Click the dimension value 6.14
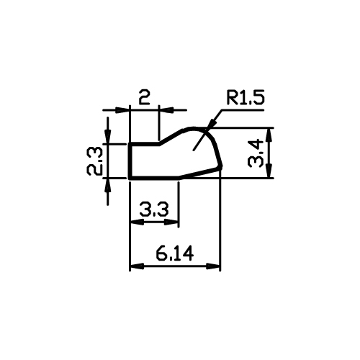[x=174, y=254]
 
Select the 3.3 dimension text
[x=154, y=210]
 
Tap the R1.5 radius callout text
[x=246, y=97]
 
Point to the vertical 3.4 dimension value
[x=256, y=153]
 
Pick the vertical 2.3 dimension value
[x=94, y=161]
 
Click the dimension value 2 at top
[x=144, y=97]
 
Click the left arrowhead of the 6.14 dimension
[x=137, y=266]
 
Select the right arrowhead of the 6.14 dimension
[x=213, y=266]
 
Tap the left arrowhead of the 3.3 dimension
[x=137, y=222]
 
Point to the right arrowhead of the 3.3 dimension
[x=171, y=222]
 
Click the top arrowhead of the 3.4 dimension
[x=269, y=135]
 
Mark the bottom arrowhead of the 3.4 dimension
[x=269, y=171]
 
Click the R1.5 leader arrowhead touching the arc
[x=210, y=124]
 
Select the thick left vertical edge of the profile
[x=130, y=161]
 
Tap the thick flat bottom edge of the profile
[x=154, y=178]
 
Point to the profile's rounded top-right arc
[x=206, y=131]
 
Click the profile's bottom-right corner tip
[x=221, y=167]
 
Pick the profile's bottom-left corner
[x=130, y=178]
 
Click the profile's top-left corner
[x=130, y=144]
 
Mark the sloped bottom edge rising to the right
[x=199, y=173]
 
